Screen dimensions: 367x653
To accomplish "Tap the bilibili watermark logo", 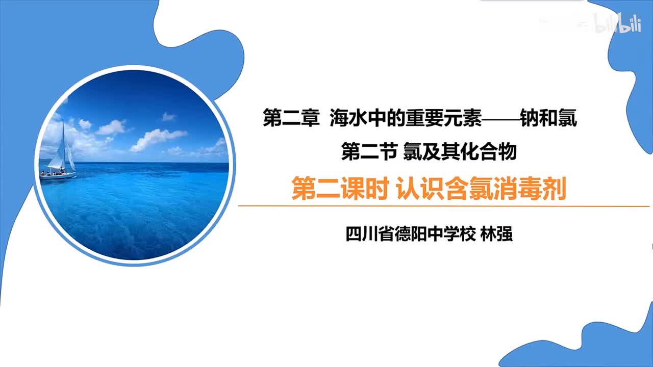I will (x=617, y=23).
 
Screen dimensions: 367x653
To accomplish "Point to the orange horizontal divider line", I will (x=444, y=206).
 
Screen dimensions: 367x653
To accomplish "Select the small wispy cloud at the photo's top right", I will (x=168, y=116).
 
